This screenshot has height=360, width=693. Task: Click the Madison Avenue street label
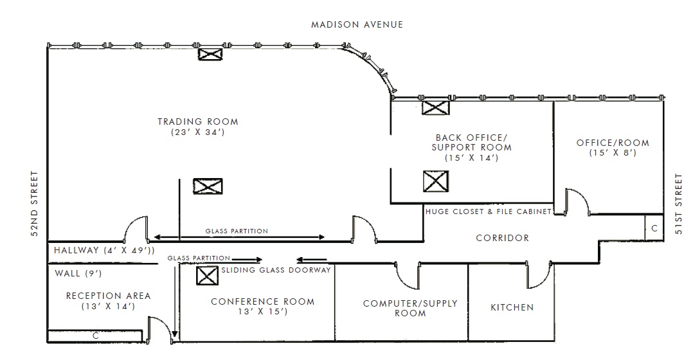(x=357, y=24)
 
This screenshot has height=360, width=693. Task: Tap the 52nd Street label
(x=35, y=204)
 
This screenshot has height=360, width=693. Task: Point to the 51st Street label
(x=679, y=204)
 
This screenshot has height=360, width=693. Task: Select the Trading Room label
(x=198, y=122)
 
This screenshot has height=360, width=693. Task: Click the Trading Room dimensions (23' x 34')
(x=198, y=132)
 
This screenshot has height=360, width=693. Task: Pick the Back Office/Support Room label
(x=472, y=143)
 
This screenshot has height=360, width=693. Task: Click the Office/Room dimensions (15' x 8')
(x=613, y=153)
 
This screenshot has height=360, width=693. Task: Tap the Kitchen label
(x=512, y=307)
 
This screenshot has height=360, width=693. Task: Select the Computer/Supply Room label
(x=410, y=309)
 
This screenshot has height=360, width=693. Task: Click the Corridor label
(x=503, y=238)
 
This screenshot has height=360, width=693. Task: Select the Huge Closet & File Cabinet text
(x=489, y=212)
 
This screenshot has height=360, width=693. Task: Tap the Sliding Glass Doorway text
(x=276, y=270)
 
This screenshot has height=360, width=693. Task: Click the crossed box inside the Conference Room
(x=207, y=276)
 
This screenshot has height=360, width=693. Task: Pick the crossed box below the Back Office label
(x=436, y=181)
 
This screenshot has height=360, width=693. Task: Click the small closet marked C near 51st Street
(x=654, y=228)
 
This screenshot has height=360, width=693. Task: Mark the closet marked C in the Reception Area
(x=94, y=336)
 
